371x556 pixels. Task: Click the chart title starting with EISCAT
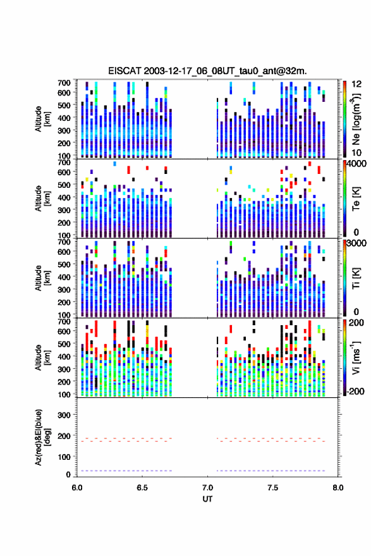208,71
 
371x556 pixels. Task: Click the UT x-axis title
207,499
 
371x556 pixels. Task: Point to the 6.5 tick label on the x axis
142,488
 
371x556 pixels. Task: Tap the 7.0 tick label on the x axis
207,488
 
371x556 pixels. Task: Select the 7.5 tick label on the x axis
273,488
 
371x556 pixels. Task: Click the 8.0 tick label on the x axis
338,488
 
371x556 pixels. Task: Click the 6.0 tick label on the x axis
77,488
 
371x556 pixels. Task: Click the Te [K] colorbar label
356,199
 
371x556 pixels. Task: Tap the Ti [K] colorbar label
356,278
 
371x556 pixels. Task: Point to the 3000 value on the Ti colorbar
357,244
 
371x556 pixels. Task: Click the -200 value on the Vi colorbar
355,392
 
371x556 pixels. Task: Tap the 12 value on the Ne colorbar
357,84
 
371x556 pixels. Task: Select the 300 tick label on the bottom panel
64,415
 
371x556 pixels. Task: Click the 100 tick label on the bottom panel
64,457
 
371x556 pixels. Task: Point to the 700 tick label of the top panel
64,83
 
